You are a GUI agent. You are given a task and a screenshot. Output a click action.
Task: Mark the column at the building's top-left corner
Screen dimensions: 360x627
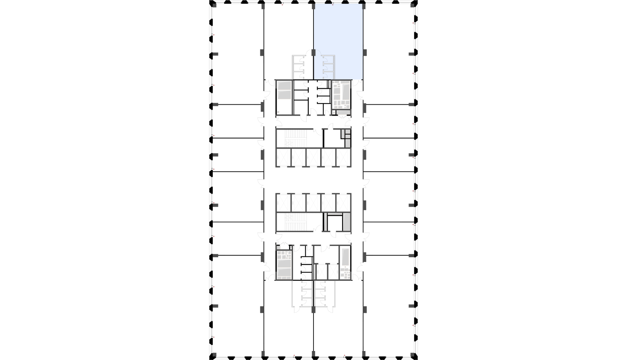coord(215,6)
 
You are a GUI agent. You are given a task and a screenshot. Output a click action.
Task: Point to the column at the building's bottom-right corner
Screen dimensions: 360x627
coord(412,355)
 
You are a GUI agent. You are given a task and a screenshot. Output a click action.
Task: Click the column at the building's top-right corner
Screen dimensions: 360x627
coord(412,6)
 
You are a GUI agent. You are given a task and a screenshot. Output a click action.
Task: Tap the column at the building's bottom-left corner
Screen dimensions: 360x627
coord(215,355)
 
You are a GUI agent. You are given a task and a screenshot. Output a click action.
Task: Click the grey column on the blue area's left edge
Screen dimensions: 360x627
coord(313,53)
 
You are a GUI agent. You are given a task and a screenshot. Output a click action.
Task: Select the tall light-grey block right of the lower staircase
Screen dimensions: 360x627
coord(346,222)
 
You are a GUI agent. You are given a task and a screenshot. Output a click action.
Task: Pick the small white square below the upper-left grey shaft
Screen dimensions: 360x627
coord(278,112)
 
